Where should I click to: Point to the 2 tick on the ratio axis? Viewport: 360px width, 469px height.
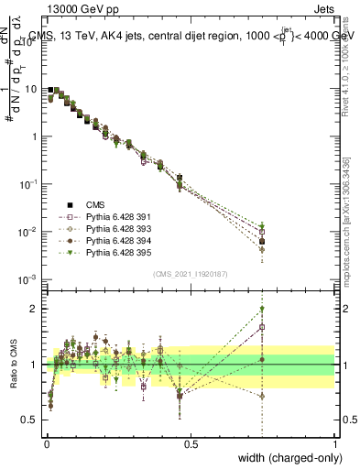[33, 309]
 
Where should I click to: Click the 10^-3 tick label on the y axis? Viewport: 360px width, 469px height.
[27, 278]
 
